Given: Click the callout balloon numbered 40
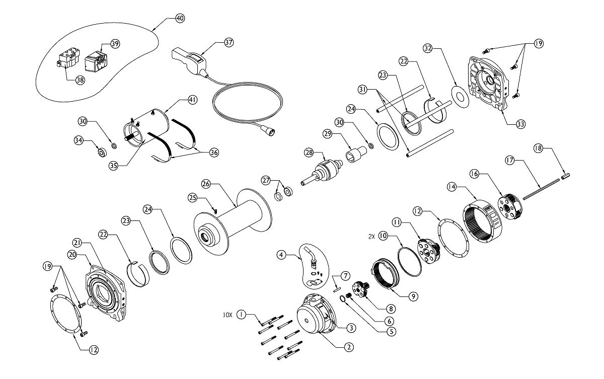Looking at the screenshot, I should pyautogui.click(x=180, y=18).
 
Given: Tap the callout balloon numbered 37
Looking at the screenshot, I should pyautogui.click(x=229, y=42).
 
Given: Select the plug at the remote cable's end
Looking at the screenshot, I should pyautogui.click(x=268, y=130).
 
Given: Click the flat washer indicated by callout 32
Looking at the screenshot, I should pyautogui.click(x=459, y=97).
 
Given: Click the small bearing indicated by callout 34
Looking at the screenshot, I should pyautogui.click(x=101, y=151).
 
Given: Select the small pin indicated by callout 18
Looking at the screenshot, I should pyautogui.click(x=565, y=176).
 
